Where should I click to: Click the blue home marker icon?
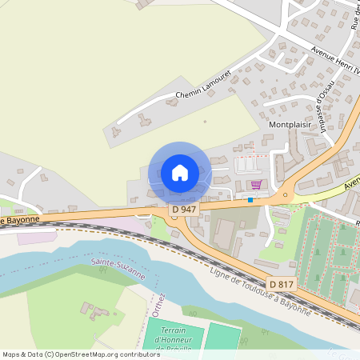(x=179, y=172)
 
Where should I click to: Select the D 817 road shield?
(x=281, y=284)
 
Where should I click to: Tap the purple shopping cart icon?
(x=255, y=184)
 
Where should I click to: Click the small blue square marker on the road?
(x=250, y=200)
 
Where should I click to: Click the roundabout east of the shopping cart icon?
(x=284, y=194)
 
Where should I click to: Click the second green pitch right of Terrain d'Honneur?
(x=223, y=337)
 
